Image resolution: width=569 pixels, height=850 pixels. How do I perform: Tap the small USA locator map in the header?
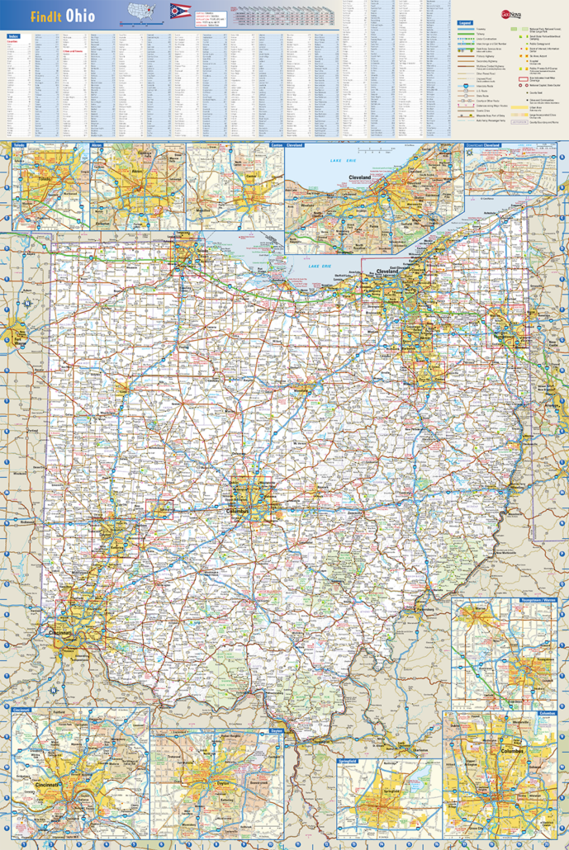pos(142,13)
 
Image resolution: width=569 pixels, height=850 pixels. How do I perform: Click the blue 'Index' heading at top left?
pos(13,36)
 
